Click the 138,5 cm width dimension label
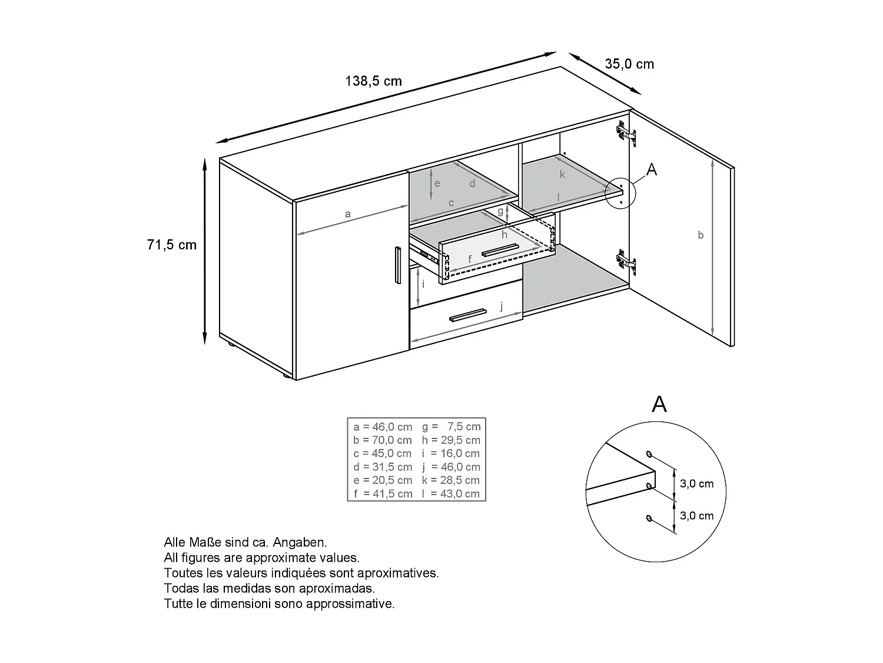coord(373,81)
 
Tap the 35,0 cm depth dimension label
coord(629,64)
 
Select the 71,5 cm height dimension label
coord(172,245)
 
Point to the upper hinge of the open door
coord(626,133)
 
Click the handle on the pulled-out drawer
coord(500,250)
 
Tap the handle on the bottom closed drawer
coord(467,315)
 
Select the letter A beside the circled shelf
coord(652,170)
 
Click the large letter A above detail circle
coord(659,404)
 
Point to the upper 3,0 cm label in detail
coord(696,484)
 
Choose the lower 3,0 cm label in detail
coord(696,516)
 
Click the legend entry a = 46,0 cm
coord(383,427)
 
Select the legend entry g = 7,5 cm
coord(451,427)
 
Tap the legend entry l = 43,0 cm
coord(451,494)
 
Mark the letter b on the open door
coord(701,235)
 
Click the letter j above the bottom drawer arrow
coord(501,306)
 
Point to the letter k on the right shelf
coord(562,174)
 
